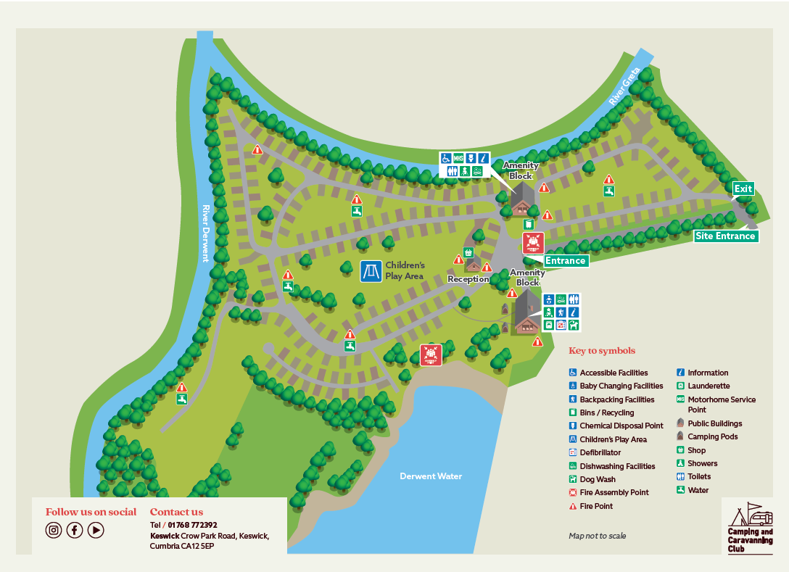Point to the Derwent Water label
click(431, 476)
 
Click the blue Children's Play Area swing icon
click(371, 271)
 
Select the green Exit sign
click(743, 189)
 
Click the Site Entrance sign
click(725, 236)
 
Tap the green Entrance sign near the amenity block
click(565, 261)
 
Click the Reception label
click(468, 279)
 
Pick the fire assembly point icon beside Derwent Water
click(431, 355)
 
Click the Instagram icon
click(54, 530)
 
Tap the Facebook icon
click(75, 530)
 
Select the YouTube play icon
click(96, 530)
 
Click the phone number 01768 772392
click(192, 525)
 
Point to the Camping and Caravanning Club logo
click(751, 528)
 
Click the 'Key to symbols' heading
click(602, 351)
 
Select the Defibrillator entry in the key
click(600, 453)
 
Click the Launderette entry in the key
click(708, 386)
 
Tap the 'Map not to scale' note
click(597, 536)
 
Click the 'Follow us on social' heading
click(91, 512)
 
